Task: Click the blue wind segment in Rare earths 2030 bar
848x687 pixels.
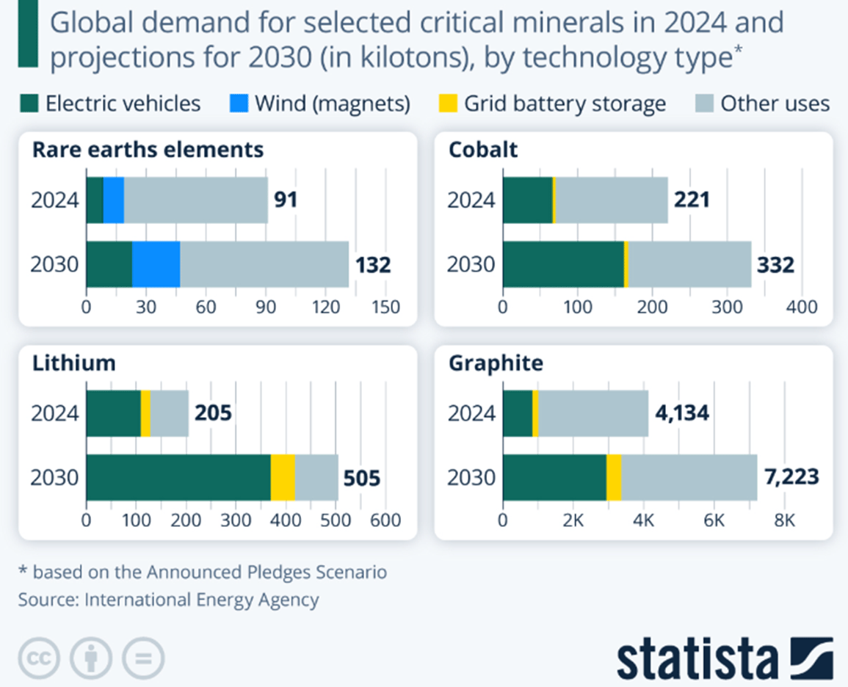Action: point(156,264)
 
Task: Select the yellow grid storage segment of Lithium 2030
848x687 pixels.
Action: point(283,477)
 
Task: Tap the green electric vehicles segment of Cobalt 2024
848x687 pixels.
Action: point(527,200)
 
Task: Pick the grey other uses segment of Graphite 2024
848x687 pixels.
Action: point(593,413)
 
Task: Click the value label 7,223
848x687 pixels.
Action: point(791,478)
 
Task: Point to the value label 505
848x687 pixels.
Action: point(362,479)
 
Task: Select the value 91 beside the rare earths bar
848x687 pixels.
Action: point(286,200)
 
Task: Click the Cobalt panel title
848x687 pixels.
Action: point(482,150)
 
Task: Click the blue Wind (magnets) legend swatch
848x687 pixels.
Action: point(239,103)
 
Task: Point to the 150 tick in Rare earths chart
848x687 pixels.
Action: point(386,307)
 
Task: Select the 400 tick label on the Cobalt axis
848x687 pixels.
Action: point(802,307)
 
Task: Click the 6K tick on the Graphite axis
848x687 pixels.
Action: point(714,520)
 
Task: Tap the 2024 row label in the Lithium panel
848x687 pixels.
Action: point(54,413)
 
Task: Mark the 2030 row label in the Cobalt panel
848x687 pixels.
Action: point(471,264)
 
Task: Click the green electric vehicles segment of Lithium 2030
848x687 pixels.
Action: point(178,477)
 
